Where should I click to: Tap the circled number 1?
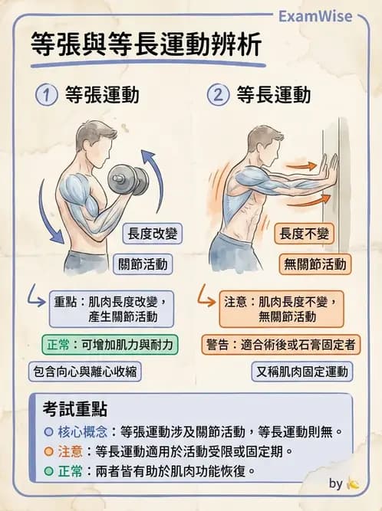pyautogui.click(x=48, y=96)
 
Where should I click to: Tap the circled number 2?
pyautogui.click(x=219, y=96)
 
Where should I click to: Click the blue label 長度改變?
pyautogui.click(x=152, y=233)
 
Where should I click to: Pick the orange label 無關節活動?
pyautogui.click(x=315, y=264)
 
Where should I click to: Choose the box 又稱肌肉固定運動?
pyautogui.click(x=302, y=372)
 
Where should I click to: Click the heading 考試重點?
pyautogui.click(x=74, y=409)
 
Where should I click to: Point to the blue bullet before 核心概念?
pyautogui.click(x=48, y=432)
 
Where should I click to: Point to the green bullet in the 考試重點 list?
pyautogui.click(x=48, y=470)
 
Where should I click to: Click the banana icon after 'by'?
pyautogui.click(x=353, y=483)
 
